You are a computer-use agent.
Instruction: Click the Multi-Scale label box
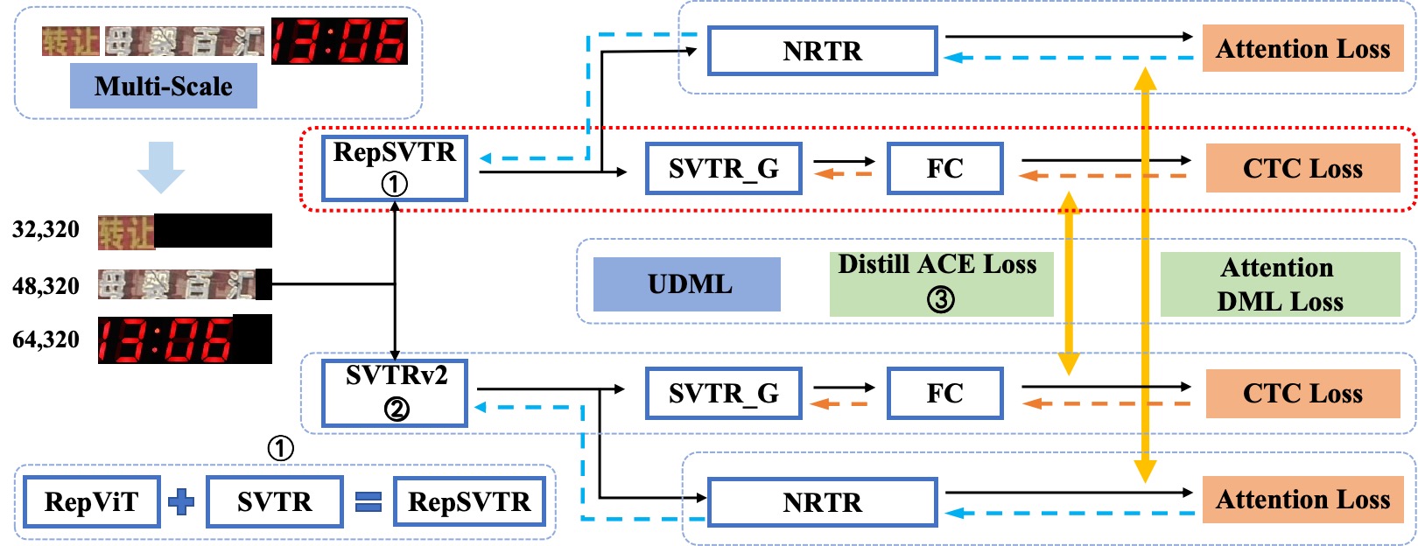164,86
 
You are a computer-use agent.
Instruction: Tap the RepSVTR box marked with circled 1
395,168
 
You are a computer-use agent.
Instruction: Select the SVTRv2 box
395,393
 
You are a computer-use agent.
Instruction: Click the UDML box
687,284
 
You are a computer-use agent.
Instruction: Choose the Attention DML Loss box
1280,284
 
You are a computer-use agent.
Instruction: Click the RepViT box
91,501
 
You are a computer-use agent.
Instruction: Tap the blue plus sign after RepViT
181,501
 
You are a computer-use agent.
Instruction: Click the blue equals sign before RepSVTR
369,501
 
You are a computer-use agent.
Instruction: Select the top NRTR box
822,51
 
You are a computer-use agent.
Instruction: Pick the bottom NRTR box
822,502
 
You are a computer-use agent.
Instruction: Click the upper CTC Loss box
1302,168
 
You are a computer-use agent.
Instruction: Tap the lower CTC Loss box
1302,393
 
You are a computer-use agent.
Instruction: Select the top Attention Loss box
1302,48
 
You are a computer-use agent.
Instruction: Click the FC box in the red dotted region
945,168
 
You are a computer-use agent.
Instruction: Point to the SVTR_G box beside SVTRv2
724,393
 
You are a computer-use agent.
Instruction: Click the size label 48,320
46,286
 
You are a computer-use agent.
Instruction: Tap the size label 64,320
46,339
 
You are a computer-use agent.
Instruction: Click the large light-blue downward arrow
161,166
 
